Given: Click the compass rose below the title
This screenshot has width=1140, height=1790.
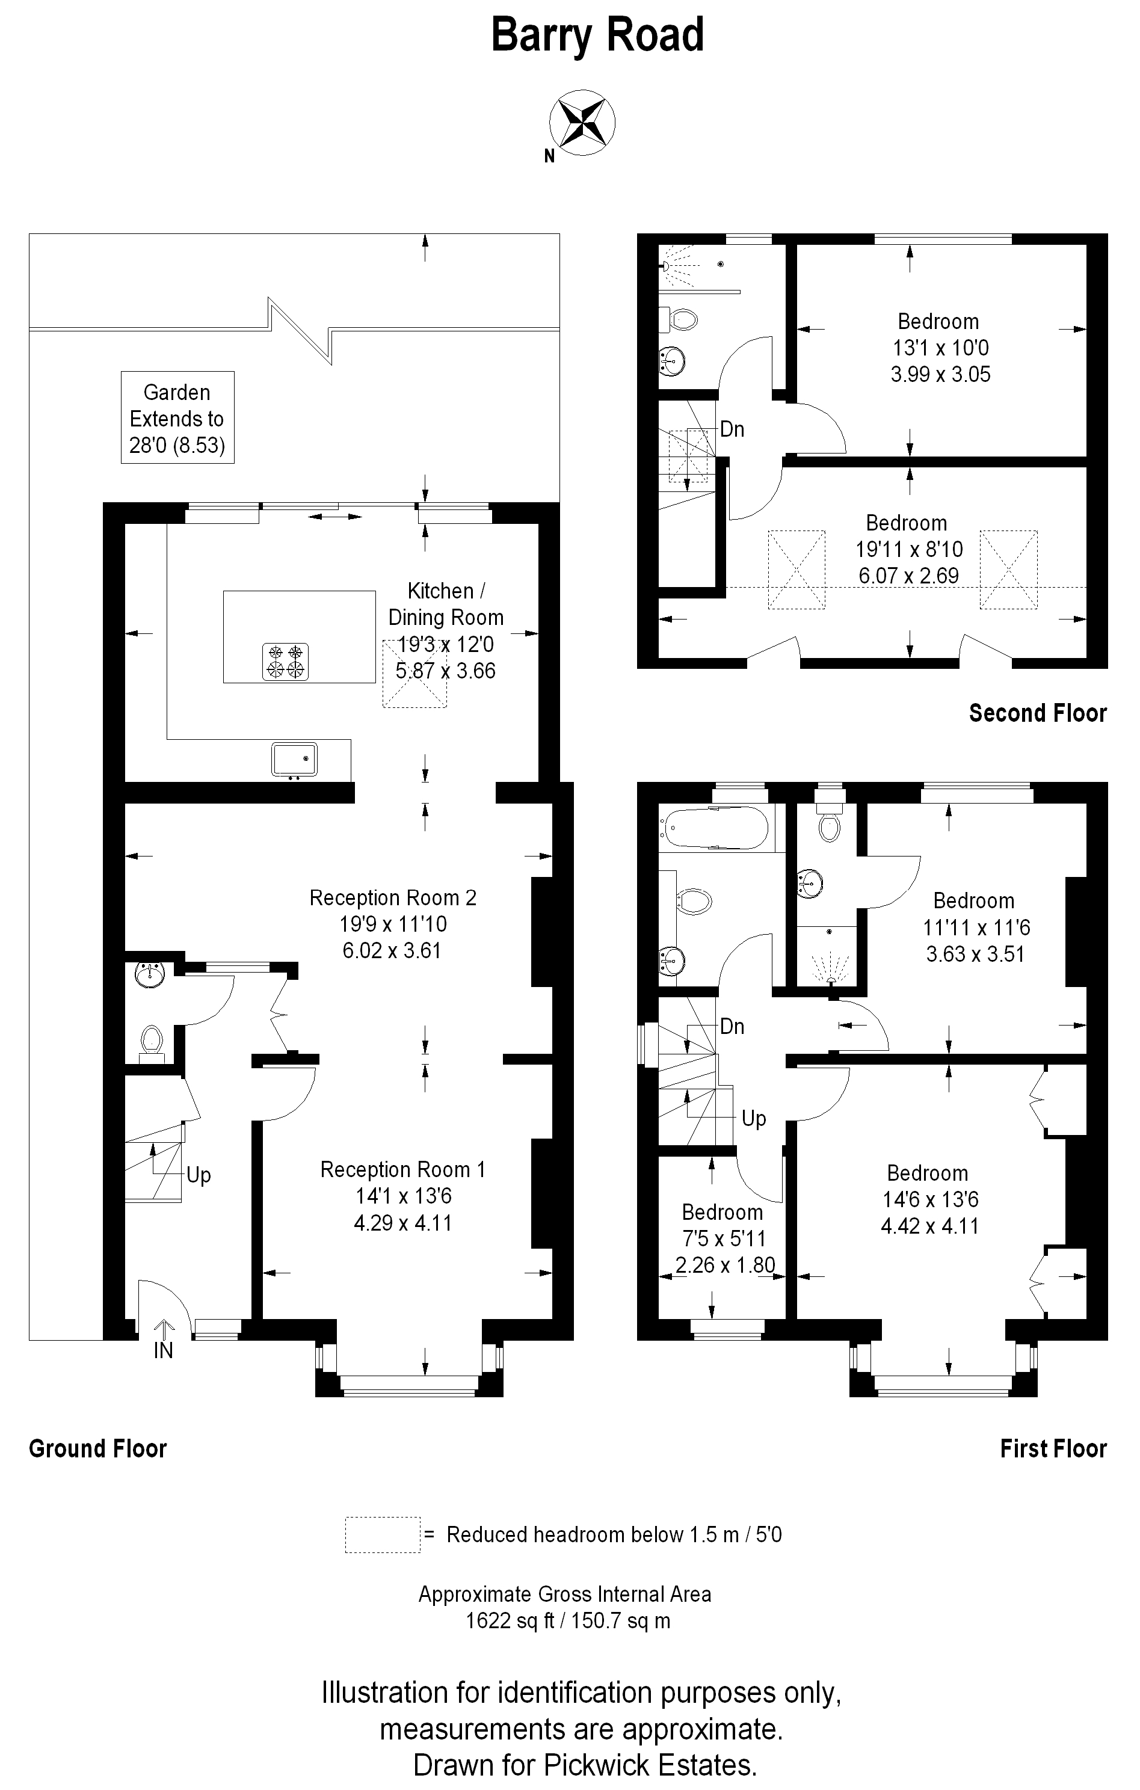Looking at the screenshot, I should coord(582,123).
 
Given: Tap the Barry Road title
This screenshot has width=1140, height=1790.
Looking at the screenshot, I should coord(597,35).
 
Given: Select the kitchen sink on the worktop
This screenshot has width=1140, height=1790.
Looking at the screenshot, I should coord(295,759).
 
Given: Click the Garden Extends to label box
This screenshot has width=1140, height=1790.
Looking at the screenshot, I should coord(177,418).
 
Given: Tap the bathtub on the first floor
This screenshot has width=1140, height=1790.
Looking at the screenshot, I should coord(716,828).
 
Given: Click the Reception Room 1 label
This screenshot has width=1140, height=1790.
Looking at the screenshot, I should coord(402,1169).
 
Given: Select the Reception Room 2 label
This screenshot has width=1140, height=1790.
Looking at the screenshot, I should coord(393,898).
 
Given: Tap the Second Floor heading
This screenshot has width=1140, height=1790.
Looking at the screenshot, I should coord(1037,713).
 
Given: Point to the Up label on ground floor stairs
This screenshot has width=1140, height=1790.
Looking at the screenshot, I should coord(199,1175).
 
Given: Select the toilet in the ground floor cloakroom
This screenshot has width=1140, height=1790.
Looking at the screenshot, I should coord(151,1039).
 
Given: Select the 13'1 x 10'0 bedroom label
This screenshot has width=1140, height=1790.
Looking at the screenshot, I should coord(940,348).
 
